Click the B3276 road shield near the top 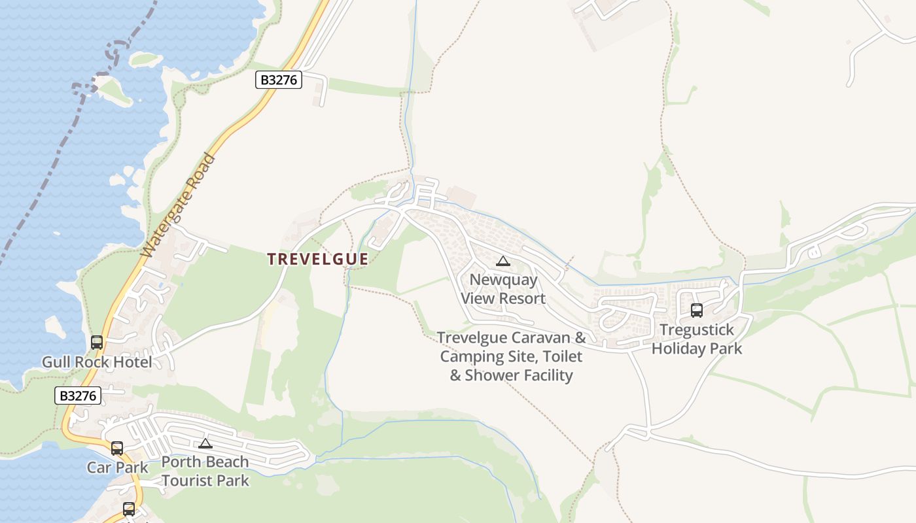pyautogui.click(x=278, y=80)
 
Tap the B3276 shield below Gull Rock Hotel pyautogui.click(x=78, y=396)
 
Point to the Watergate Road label pyautogui.click(x=178, y=205)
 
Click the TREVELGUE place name pyautogui.click(x=317, y=259)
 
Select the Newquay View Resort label pyautogui.click(x=503, y=289)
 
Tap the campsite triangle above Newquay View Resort pyautogui.click(x=502, y=261)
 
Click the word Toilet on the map pyautogui.click(x=561, y=356)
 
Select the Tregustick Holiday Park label pyautogui.click(x=697, y=339)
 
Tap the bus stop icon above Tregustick pyautogui.click(x=697, y=311)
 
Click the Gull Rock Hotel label pyautogui.click(x=97, y=362)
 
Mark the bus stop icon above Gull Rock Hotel pyautogui.click(x=97, y=342)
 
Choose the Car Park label pyautogui.click(x=118, y=467)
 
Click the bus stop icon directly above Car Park pyautogui.click(x=117, y=448)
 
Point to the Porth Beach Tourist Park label pyautogui.click(x=205, y=471)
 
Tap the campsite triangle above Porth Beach pyautogui.click(x=205, y=444)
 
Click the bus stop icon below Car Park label pyautogui.click(x=129, y=509)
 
